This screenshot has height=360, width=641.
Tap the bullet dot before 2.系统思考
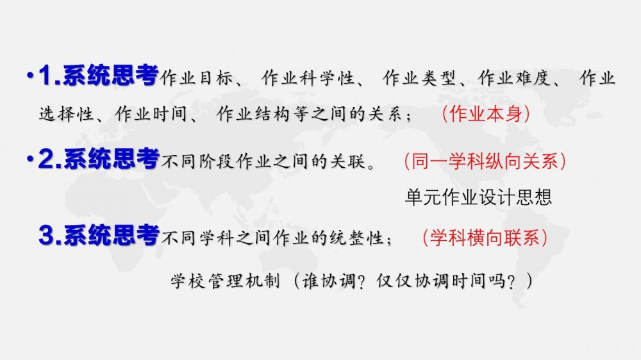29,159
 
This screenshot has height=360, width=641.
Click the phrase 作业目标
192,79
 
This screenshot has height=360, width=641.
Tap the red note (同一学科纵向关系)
485,160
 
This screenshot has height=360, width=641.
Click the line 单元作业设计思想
478,197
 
